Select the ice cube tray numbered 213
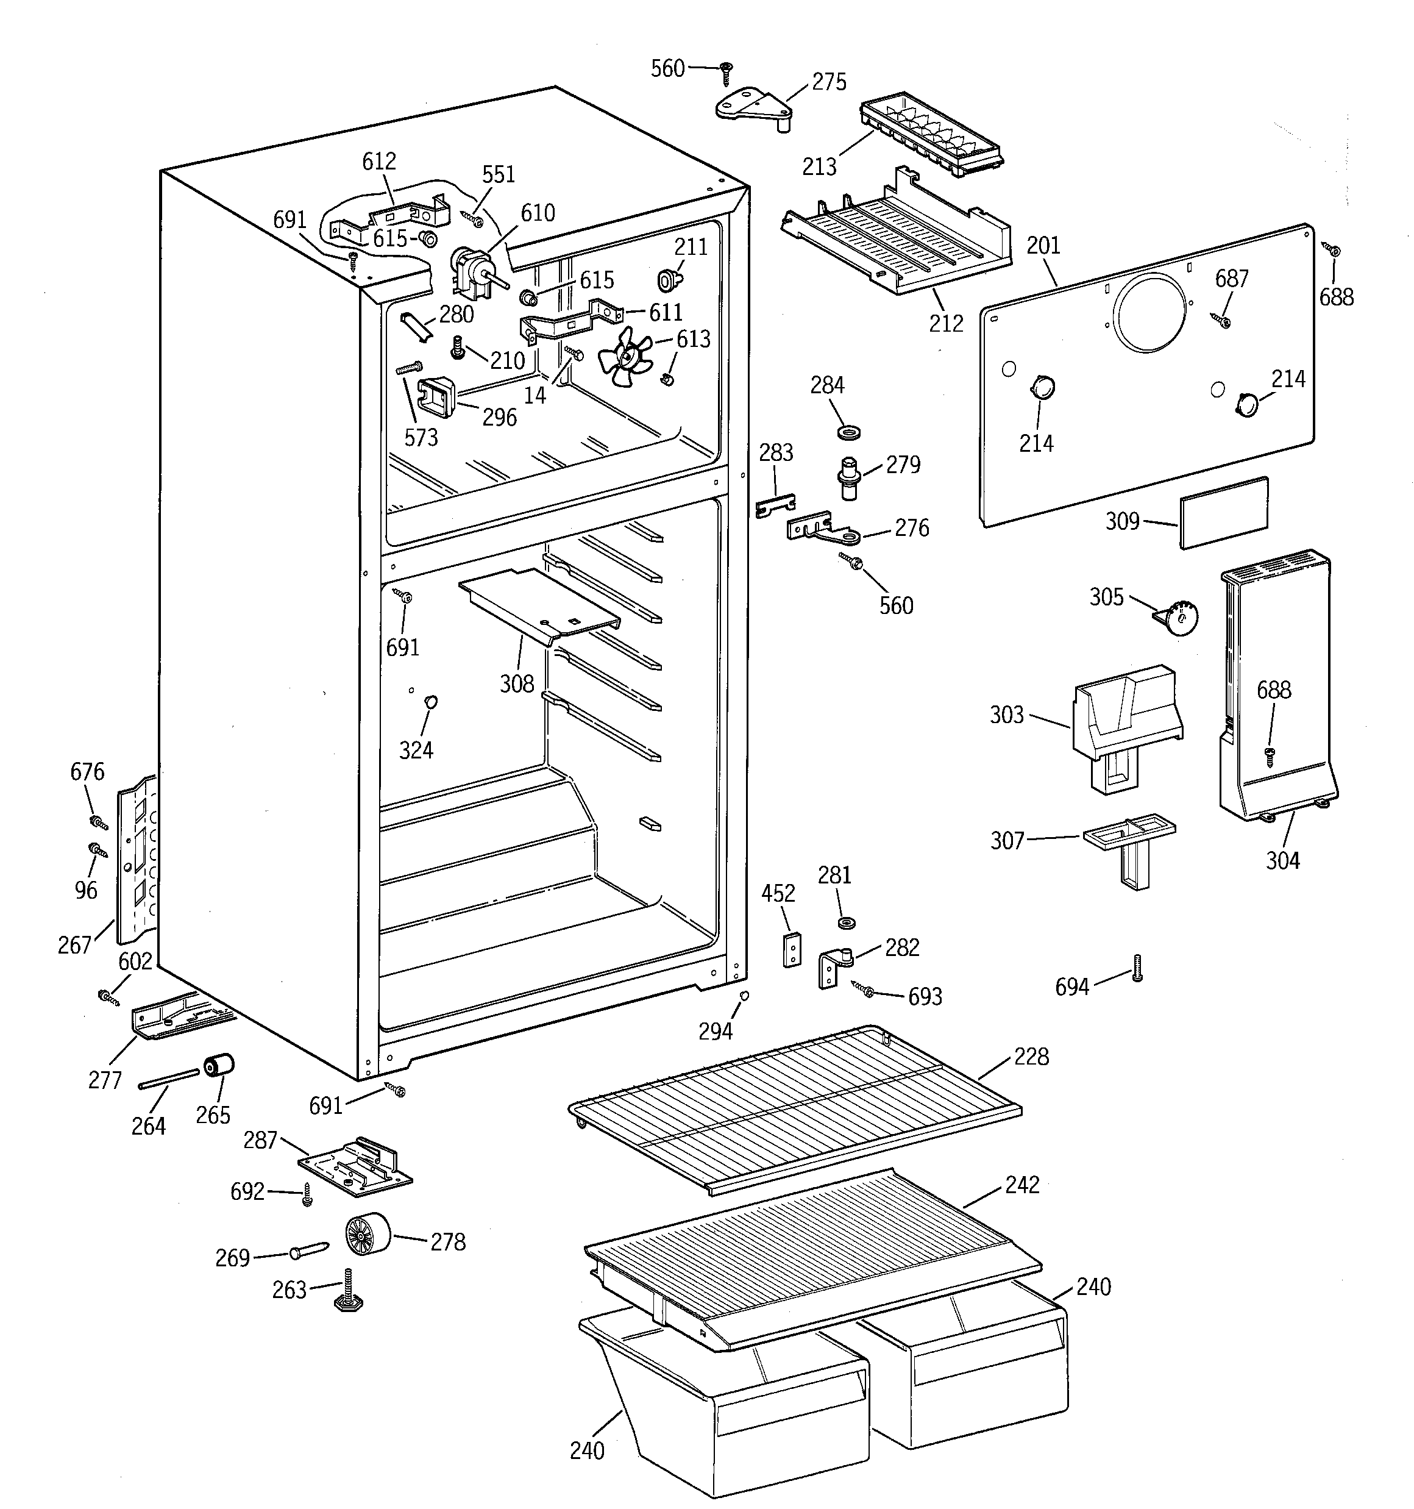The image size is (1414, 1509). click(932, 137)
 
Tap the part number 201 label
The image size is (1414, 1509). click(1043, 245)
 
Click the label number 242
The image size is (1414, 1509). click(1021, 1185)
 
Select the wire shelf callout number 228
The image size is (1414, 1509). click(1031, 1057)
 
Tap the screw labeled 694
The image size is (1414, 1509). click(1136, 967)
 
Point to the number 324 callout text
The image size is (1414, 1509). click(416, 750)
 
